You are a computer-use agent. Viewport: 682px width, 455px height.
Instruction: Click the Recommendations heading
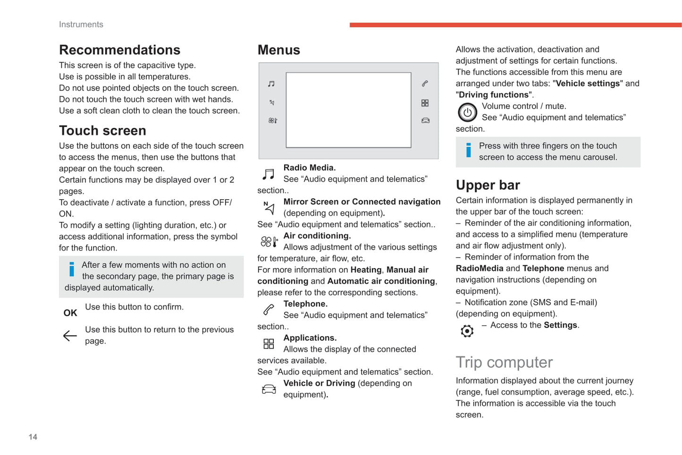119,50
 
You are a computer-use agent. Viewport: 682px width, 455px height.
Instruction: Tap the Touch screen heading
102,131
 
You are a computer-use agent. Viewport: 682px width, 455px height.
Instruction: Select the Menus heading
278,50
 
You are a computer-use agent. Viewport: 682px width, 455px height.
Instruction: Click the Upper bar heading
488,185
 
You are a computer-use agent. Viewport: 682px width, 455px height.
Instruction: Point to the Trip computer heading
504,362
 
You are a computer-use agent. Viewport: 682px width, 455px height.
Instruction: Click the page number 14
33,437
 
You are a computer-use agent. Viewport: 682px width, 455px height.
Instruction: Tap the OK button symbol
70,313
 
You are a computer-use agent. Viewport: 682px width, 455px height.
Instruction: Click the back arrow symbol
70,336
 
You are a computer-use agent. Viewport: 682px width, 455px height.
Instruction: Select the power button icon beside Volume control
467,112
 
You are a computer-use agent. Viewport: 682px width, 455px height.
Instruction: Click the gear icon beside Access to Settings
467,331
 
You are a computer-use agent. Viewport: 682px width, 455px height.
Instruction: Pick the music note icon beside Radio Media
269,174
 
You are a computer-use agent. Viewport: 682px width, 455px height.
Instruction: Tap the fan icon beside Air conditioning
269,242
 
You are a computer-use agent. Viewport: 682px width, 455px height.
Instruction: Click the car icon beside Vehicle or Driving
269,389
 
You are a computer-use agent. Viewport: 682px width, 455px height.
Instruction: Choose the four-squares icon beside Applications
269,344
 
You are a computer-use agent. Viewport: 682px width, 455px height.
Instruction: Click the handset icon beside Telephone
269,310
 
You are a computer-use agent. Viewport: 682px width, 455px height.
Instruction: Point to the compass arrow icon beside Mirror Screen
269,208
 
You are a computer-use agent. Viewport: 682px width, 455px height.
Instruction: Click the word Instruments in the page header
81,25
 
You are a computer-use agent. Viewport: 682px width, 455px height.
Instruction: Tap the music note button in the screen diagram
271,84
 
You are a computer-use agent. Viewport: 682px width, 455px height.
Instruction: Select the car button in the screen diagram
425,121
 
